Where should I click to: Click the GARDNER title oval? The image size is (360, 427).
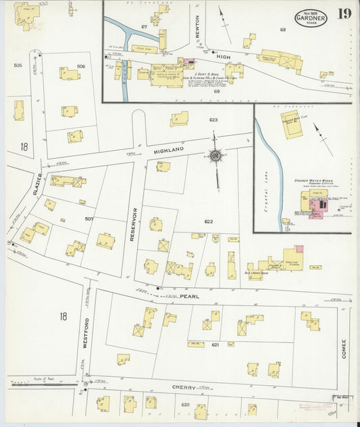311,18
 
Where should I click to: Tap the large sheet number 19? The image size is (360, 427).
344,14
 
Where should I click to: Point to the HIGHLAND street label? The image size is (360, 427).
169,150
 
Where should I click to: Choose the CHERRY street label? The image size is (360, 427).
184,388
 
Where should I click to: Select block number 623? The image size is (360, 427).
213,120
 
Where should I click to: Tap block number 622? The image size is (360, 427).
209,221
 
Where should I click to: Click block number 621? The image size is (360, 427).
215,345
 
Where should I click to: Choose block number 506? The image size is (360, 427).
81,66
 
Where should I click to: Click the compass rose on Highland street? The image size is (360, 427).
215,156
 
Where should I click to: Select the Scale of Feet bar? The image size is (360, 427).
41,384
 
